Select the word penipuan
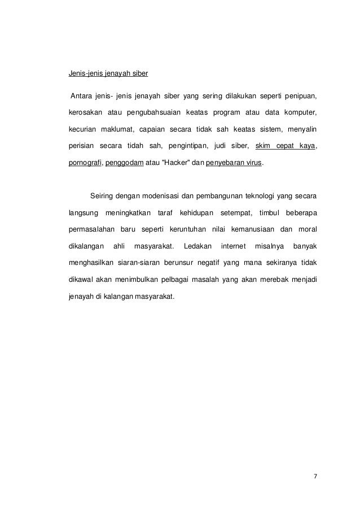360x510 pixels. (300, 94)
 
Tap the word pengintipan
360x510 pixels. (186, 146)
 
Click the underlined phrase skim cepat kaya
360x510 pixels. (285, 146)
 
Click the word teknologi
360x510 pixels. (261, 197)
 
